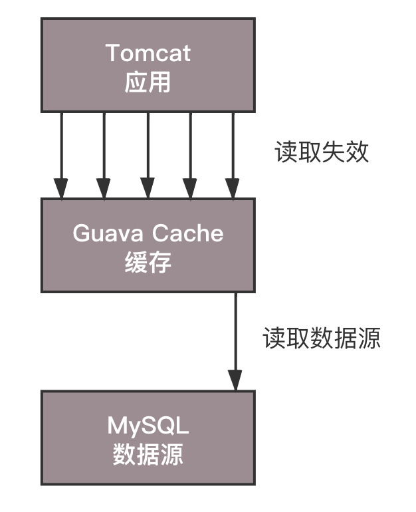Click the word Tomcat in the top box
[x=148, y=53]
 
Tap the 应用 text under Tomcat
[x=148, y=82]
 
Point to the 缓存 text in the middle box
[x=148, y=263]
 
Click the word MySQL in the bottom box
[x=148, y=425]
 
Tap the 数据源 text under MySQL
[x=148, y=455]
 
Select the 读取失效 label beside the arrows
[x=322, y=152]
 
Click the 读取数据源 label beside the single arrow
[x=322, y=338]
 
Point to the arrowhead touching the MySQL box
[x=235, y=382]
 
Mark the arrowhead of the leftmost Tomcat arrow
[x=61, y=189]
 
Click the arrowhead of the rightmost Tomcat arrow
[x=232, y=189]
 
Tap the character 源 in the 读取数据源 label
[x=369, y=338]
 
